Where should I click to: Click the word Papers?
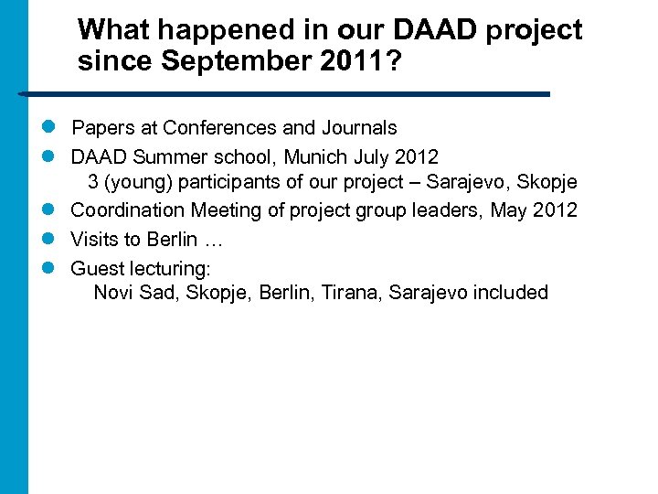tap(102, 127)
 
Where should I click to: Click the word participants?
tap(225, 182)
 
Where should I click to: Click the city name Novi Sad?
tap(136, 293)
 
